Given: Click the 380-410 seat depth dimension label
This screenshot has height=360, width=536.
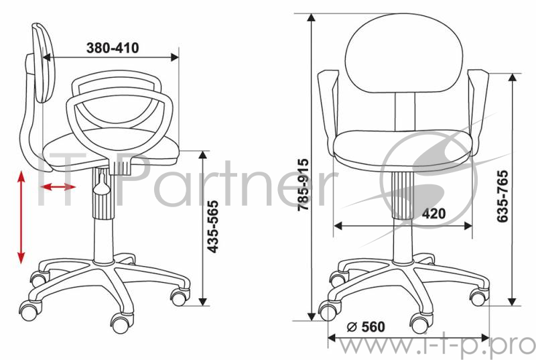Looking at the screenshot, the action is [113, 48].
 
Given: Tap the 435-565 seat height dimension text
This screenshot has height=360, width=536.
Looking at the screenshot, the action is [213, 227].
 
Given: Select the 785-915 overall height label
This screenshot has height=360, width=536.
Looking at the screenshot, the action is [304, 184].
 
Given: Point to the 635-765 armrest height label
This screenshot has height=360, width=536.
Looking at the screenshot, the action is [503, 196].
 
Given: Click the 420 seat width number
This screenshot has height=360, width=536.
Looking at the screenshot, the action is [433, 214].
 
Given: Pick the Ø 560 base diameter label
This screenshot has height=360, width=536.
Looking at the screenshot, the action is [366, 327].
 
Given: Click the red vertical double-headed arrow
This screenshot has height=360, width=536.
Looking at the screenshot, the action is [21, 217].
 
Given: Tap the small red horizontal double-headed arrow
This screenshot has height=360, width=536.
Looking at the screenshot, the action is [58, 186].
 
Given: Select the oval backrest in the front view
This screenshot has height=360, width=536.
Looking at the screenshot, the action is [404, 53].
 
